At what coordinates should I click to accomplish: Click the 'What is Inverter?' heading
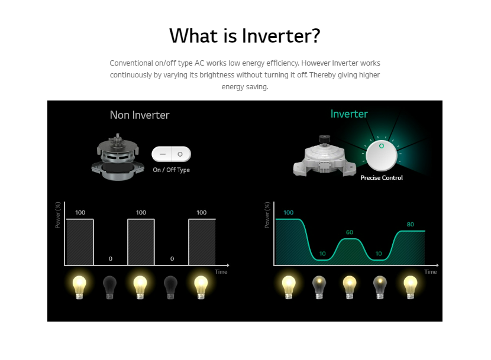(x=244, y=35)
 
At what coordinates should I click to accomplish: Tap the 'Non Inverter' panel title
(x=140, y=115)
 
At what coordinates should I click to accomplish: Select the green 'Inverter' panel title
(x=349, y=113)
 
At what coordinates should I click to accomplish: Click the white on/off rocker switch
(x=172, y=154)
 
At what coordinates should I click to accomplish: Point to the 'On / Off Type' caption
(x=172, y=170)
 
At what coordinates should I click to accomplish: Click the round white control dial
(x=382, y=155)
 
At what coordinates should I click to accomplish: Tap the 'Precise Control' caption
(x=382, y=177)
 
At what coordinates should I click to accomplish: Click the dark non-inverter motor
(x=118, y=157)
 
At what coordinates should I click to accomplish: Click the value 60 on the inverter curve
(x=350, y=232)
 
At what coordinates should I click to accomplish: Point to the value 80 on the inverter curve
(x=410, y=224)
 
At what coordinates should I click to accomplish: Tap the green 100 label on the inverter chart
(x=289, y=213)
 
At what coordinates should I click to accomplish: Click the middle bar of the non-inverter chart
(x=141, y=242)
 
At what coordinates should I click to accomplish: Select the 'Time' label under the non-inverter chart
(x=221, y=272)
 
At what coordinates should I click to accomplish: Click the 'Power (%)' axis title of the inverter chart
(x=267, y=215)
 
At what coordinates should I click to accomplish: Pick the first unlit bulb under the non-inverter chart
(x=109, y=287)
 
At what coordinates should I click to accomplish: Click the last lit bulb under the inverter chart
(x=410, y=287)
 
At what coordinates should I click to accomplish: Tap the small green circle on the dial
(x=382, y=146)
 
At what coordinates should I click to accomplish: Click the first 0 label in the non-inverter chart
(x=110, y=258)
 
